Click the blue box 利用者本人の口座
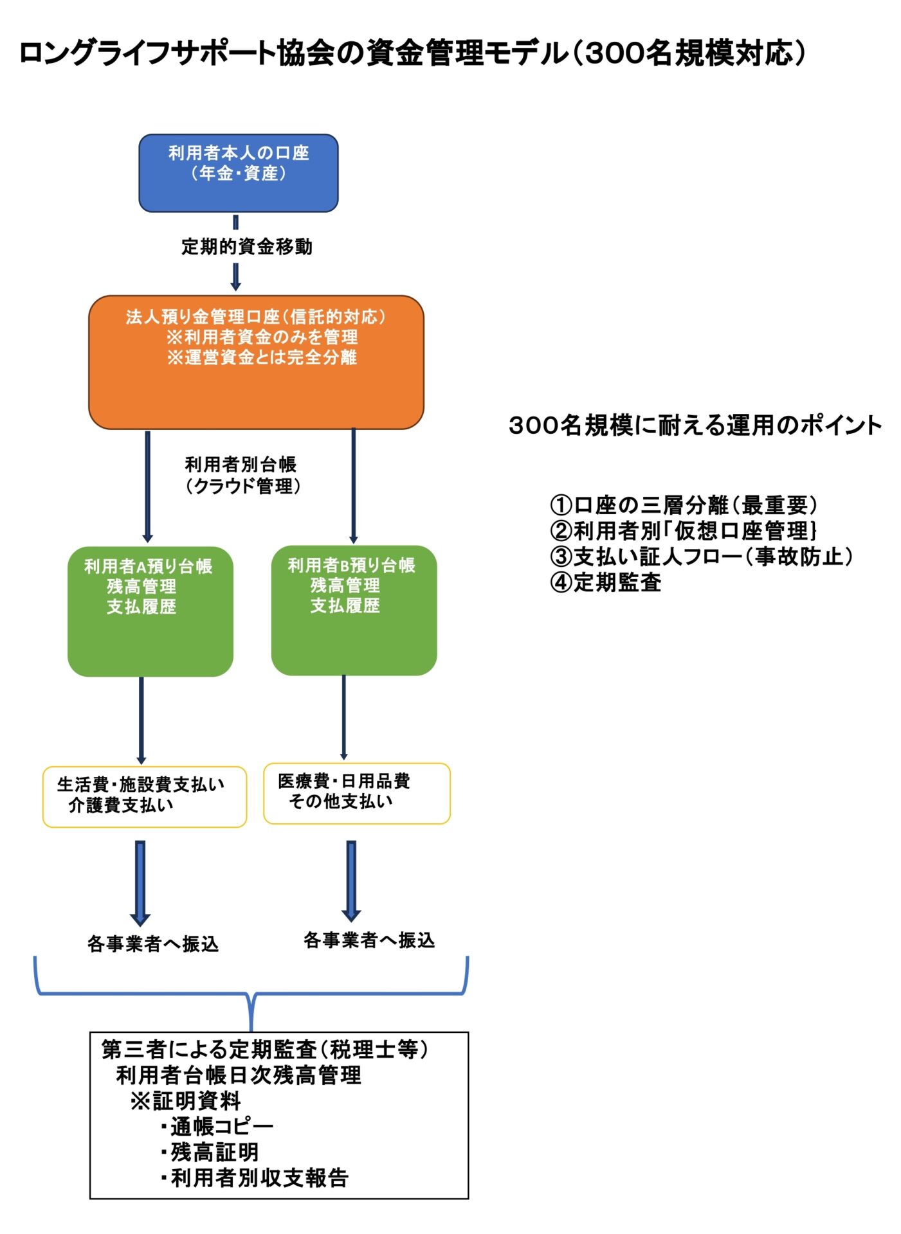click(x=239, y=173)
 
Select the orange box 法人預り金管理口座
click(x=256, y=362)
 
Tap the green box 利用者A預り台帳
click(x=150, y=611)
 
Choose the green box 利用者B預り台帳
click(x=354, y=609)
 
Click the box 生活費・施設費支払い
click(x=145, y=796)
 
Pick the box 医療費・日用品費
click(x=356, y=792)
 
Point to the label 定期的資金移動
click(x=247, y=246)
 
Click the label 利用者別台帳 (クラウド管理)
click(x=242, y=475)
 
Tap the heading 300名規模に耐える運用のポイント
click(x=695, y=425)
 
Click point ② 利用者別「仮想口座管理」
click(x=683, y=531)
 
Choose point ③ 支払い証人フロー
click(x=701, y=557)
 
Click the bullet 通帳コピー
click(x=219, y=1126)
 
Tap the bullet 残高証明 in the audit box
click(x=212, y=1152)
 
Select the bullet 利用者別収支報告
click(x=256, y=1177)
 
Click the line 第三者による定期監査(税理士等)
click(x=264, y=1050)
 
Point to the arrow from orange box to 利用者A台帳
click(x=148, y=486)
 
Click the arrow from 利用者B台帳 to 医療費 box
click(x=343, y=717)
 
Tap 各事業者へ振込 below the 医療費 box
click(x=369, y=940)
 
